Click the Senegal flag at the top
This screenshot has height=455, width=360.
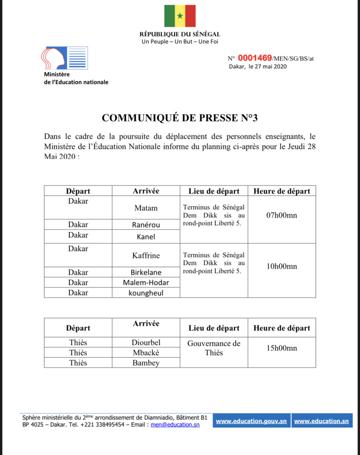click(180, 16)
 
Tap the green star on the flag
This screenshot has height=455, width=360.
click(180, 16)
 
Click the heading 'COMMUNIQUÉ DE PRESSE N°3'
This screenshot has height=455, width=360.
click(180, 117)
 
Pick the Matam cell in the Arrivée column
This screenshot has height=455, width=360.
click(146, 208)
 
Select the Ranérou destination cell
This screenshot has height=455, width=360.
click(146, 224)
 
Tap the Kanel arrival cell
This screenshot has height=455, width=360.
click(146, 237)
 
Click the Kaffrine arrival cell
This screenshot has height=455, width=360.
click(146, 255)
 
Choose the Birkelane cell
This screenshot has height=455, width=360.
click(146, 272)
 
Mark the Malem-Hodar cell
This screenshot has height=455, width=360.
click(146, 283)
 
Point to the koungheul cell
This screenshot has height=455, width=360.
click(146, 293)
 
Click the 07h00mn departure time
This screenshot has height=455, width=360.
click(281, 215)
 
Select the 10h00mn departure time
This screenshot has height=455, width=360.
click(281, 266)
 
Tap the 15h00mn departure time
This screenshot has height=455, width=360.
click(281, 348)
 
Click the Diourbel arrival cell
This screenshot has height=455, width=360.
click(146, 342)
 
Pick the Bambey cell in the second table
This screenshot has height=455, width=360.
click(146, 363)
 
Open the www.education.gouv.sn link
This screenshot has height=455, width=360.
click(251, 421)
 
